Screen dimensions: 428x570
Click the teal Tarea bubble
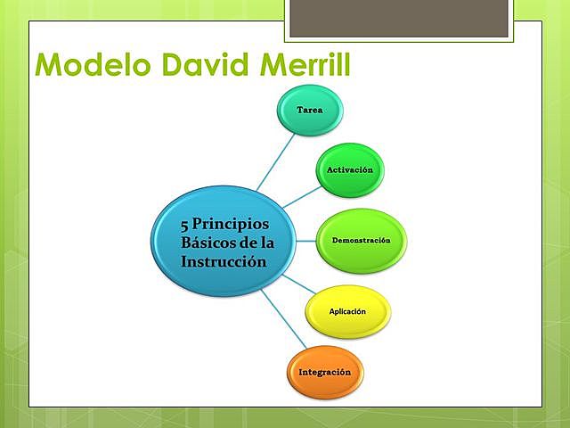[309, 108]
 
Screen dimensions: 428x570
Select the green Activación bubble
[349, 169]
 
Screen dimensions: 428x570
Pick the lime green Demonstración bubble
[362, 242]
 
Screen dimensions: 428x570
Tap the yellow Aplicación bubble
[347, 310]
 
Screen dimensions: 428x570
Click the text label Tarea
[309, 108]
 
